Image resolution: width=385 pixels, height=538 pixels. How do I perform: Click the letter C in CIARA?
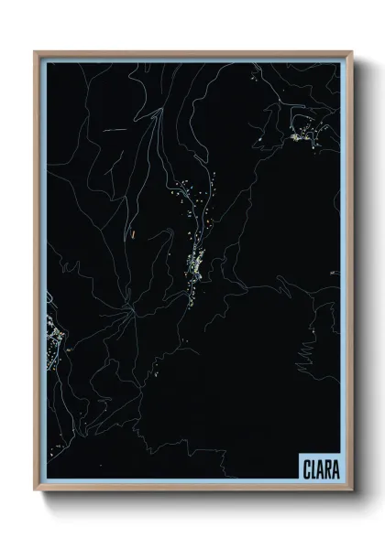[305, 468]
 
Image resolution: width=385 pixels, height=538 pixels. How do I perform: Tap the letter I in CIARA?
[312, 468]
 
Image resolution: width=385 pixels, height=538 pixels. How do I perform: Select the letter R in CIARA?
[326, 468]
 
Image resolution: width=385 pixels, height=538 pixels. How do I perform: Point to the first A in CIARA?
[318, 468]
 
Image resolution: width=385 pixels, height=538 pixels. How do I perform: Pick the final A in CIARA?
[335, 468]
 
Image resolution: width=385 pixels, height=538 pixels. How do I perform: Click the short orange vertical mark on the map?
[134, 234]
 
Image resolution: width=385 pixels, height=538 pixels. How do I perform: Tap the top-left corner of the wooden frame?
[36, 53]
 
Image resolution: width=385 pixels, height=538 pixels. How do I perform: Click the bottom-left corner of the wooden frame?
[36, 491]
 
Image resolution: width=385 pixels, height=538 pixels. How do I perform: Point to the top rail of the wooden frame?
[192, 53]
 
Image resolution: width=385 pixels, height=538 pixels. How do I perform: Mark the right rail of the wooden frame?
[349, 274]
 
